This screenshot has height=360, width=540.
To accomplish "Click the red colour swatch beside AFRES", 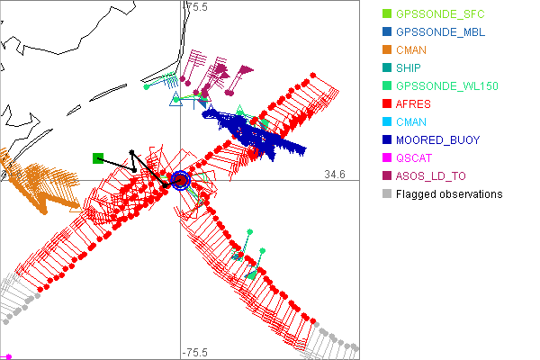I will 387,103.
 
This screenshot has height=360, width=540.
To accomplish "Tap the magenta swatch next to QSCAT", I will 387,157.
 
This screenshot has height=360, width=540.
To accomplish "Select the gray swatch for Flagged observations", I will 387,193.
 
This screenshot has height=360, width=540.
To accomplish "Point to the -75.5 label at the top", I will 196,7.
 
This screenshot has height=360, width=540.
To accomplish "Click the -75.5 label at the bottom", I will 196,352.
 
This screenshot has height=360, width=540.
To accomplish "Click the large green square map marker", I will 98,158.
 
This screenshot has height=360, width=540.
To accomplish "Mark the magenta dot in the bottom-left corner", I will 7,356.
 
